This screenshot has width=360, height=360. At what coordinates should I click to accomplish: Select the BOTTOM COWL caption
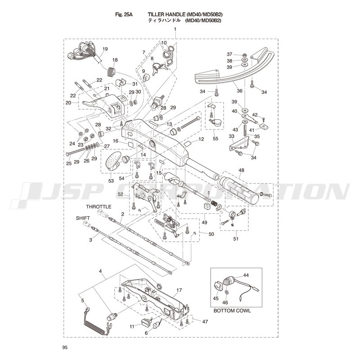pos(232,310)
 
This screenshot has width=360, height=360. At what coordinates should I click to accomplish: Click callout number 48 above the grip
pos(241,171)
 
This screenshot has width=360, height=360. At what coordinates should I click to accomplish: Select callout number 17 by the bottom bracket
pos(179,290)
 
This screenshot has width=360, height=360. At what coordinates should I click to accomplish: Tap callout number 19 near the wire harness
pos(105,49)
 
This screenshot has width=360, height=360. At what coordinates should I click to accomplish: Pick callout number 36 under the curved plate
pos(239,90)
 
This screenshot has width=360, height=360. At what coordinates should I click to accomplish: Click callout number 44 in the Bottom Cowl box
pos(246,274)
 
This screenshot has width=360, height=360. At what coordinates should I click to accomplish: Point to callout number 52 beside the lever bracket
pos(120,194)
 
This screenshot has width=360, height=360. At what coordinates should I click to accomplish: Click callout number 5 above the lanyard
pos(82,301)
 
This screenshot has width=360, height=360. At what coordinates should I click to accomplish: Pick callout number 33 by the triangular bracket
pos(231,136)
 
